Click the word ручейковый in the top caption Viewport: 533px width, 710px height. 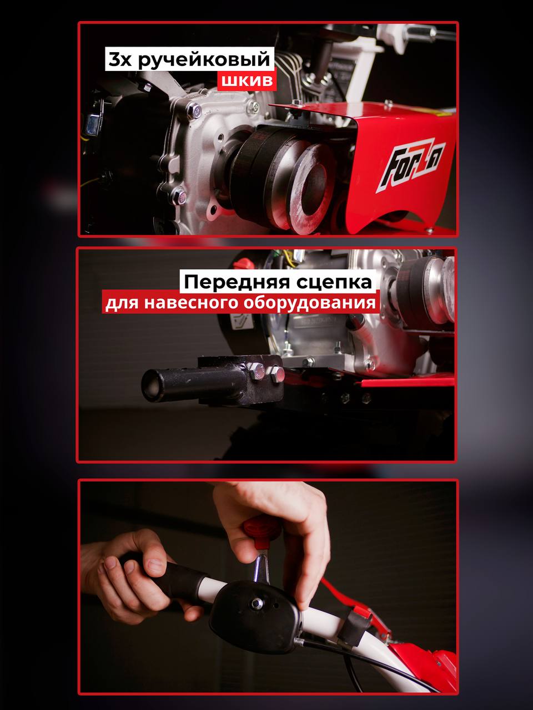204,60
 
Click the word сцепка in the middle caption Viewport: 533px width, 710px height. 334,282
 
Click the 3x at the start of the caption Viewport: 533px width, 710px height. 120,60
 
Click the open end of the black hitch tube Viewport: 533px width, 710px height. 150,386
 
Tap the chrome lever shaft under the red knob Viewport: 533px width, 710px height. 260,567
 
